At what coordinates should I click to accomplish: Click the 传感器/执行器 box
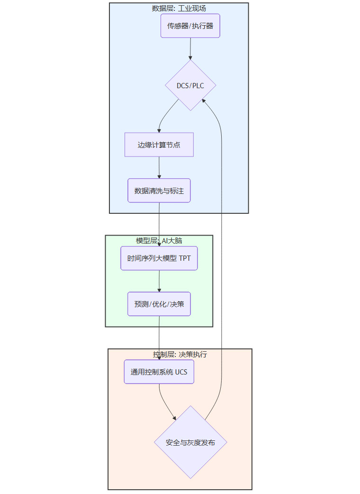190,26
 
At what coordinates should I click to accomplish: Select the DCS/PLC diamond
190,85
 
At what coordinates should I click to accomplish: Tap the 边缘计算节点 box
159,145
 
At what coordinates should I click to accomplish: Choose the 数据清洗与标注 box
159,191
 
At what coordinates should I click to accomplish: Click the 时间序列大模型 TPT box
159,258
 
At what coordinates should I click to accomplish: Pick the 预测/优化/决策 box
159,304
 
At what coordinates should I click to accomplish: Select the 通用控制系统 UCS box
159,372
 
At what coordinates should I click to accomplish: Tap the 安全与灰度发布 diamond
190,442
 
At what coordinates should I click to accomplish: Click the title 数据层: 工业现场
179,8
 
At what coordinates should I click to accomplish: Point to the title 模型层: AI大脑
159,240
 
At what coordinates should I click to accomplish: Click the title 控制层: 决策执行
180,354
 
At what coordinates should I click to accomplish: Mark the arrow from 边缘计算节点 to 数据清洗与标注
159,167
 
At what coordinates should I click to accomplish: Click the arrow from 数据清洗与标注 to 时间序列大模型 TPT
159,223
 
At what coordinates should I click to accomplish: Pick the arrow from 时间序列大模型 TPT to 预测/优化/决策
159,281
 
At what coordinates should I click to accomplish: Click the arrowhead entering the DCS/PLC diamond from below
203,101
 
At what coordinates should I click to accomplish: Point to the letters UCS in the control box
181,372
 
